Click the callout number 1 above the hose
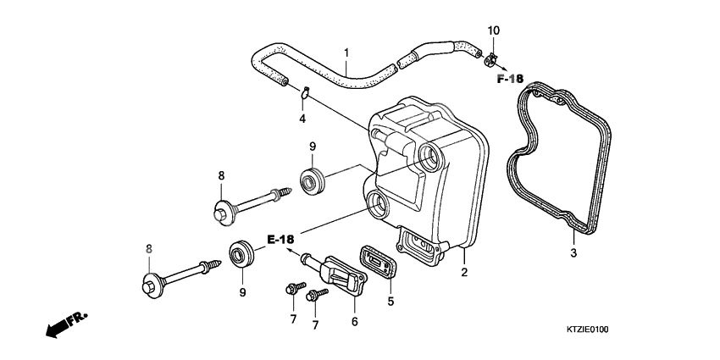click(346, 53)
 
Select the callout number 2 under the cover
click(463, 273)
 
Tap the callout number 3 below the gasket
click(573, 253)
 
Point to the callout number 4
click(302, 119)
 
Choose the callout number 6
click(354, 321)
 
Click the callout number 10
click(494, 30)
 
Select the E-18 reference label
click(281, 239)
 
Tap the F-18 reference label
click(510, 79)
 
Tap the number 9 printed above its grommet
click(312, 146)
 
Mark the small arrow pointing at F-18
click(503, 66)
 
